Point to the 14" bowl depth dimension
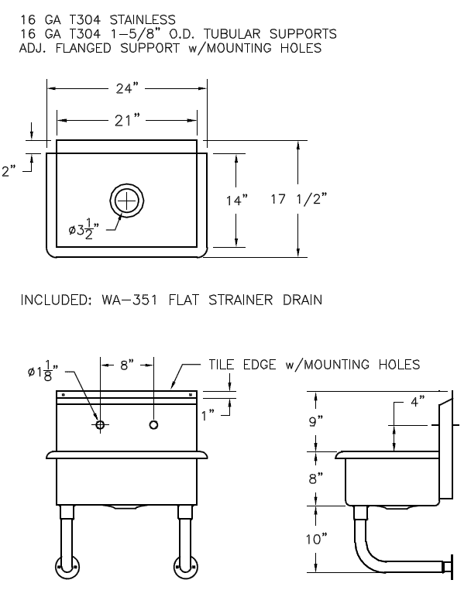(236, 201)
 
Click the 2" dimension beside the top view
(10, 171)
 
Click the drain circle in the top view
(126, 200)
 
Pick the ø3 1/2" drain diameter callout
(88, 230)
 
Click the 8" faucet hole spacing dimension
(126, 364)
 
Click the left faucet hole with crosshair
(100, 425)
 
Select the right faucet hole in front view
(153, 425)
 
